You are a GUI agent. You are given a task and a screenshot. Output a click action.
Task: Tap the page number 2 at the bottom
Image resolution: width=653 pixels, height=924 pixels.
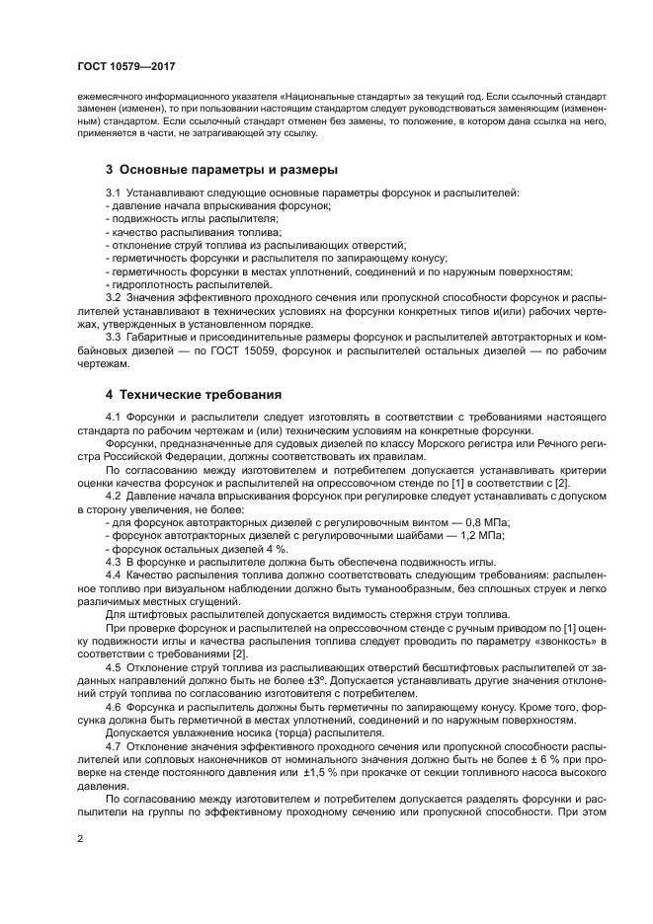pyautogui.click(x=80, y=839)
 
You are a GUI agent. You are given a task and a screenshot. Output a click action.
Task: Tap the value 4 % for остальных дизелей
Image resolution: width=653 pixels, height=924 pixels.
pyautogui.click(x=276, y=549)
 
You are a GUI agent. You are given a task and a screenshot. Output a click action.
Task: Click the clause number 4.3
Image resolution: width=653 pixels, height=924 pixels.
pyautogui.click(x=114, y=562)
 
